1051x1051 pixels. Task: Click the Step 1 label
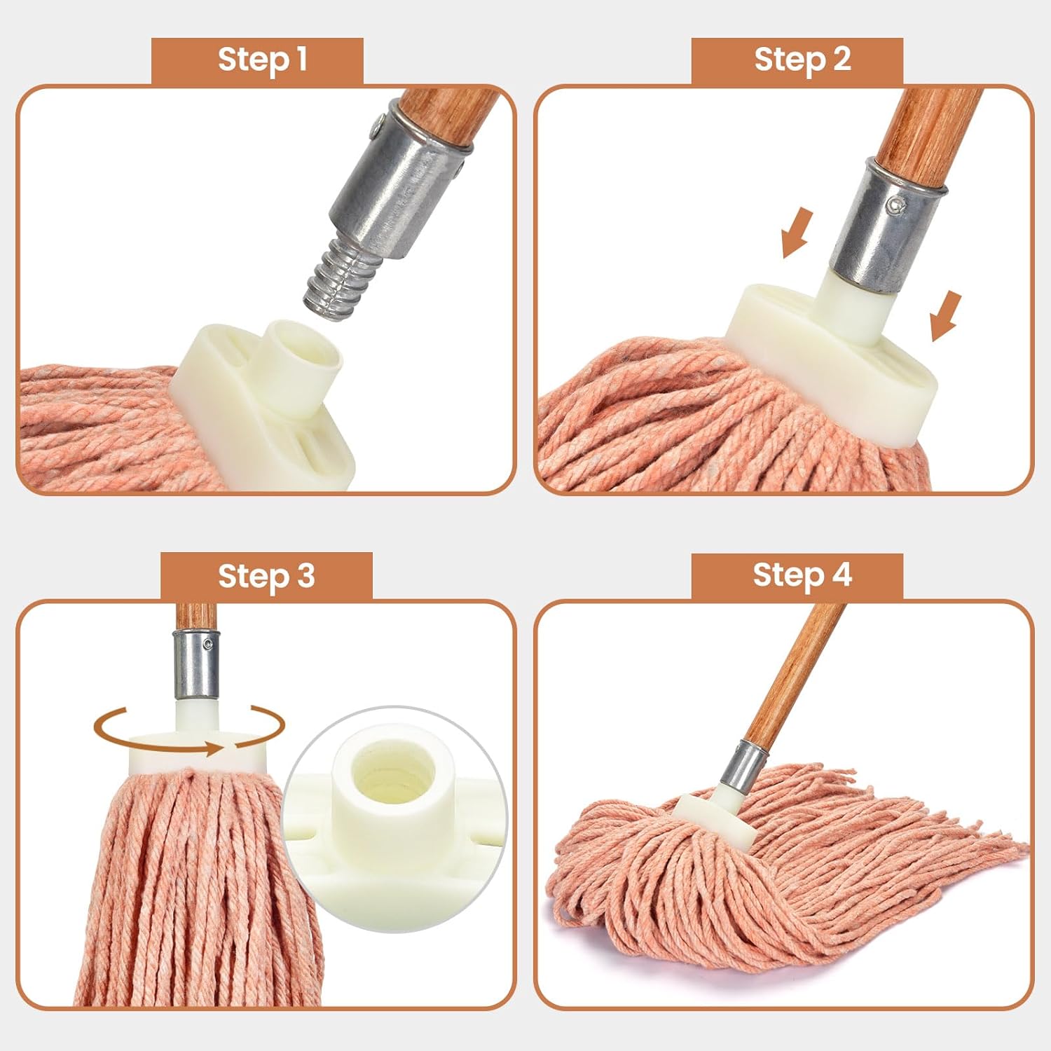click(x=261, y=60)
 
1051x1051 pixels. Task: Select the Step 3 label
click(x=266, y=576)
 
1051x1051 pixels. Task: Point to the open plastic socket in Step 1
click(x=306, y=354)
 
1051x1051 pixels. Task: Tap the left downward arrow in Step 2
click(x=796, y=233)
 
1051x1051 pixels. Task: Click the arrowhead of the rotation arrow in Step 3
click(x=213, y=749)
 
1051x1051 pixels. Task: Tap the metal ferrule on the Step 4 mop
click(x=742, y=764)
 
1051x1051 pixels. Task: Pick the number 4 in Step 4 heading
click(x=841, y=575)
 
